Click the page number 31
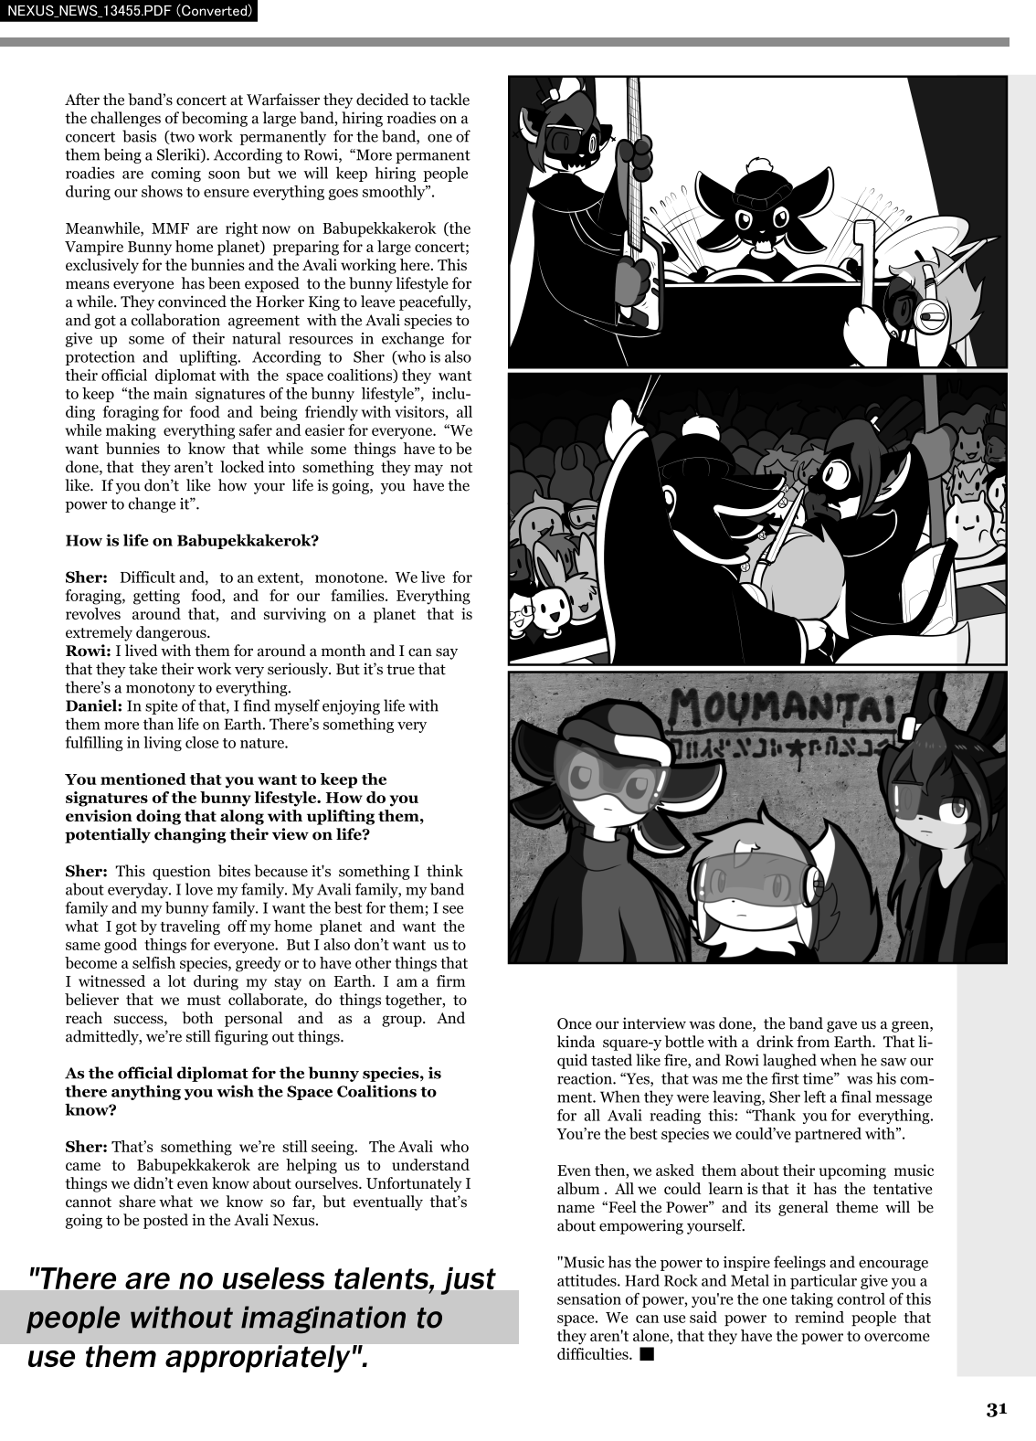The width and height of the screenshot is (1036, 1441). pyautogui.click(x=996, y=1408)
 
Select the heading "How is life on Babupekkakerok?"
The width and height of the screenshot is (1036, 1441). pyautogui.click(x=192, y=540)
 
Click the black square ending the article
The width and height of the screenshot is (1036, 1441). pyautogui.click(x=647, y=1354)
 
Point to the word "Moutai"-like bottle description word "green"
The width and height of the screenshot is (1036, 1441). pyautogui.click(x=911, y=1024)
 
